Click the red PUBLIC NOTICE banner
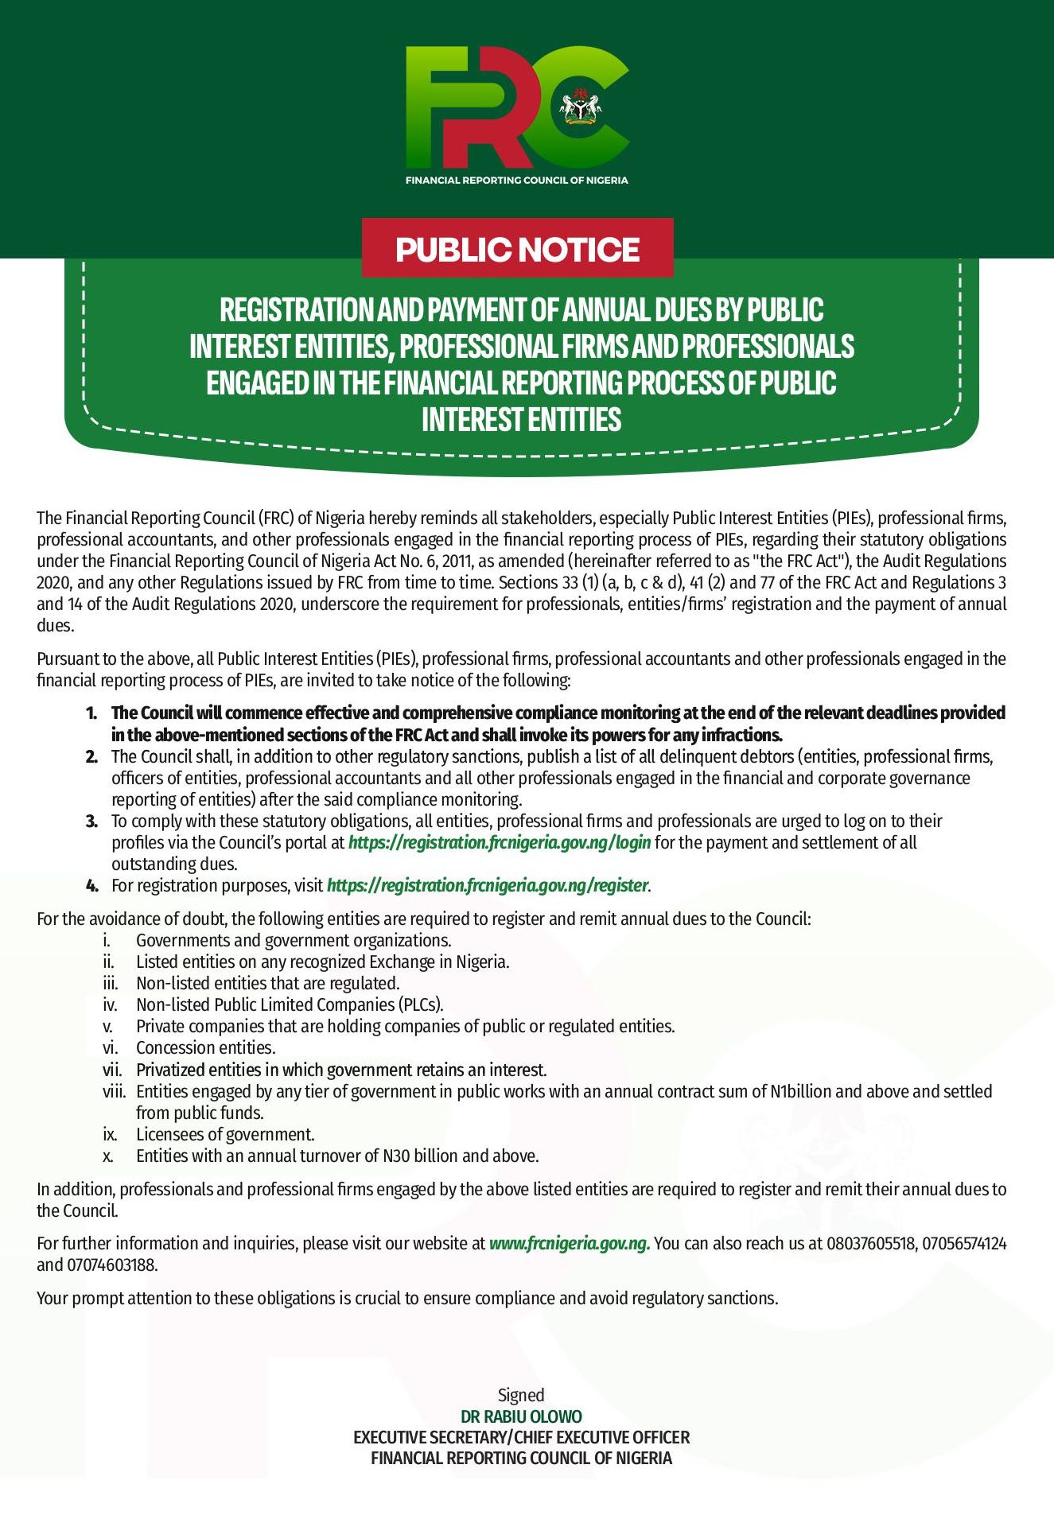517,249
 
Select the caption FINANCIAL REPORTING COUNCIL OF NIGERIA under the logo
516,181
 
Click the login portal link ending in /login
500,842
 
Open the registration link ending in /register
488,885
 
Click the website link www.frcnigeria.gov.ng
570,1243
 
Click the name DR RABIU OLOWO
521,1416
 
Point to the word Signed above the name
521,1395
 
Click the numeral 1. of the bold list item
91,713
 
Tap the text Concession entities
206,1048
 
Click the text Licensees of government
225,1134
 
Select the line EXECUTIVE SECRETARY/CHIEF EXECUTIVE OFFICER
521,1437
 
